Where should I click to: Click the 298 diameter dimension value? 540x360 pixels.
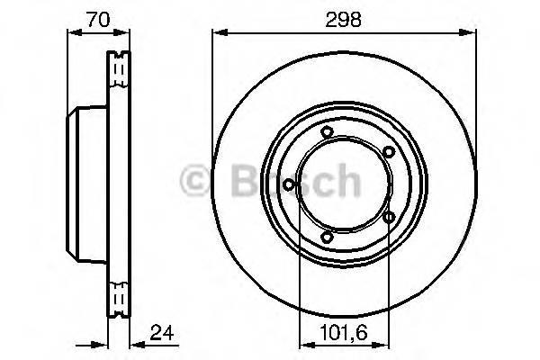[344, 19]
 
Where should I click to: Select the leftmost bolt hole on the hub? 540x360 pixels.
[288, 185]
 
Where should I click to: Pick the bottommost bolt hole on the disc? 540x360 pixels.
[327, 237]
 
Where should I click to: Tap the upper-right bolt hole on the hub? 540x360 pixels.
[388, 153]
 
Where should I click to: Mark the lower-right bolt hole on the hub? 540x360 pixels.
[389, 217]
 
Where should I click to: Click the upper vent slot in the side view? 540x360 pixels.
[118, 67]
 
